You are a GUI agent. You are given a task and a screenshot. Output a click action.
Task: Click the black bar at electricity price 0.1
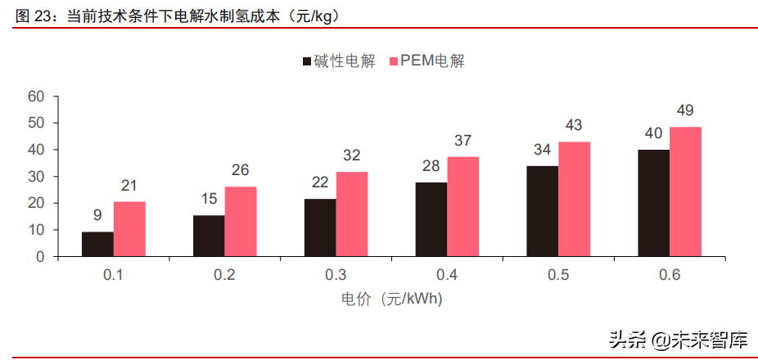(97, 244)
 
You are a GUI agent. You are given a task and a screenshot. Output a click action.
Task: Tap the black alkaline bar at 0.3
(320, 227)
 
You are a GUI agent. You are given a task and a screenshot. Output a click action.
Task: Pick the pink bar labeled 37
(463, 206)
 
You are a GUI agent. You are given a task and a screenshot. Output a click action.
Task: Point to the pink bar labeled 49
(686, 191)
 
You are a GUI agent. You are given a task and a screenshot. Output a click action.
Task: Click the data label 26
(241, 171)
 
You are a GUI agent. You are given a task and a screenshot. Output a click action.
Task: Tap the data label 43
(575, 126)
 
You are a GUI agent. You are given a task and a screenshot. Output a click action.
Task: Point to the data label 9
(97, 216)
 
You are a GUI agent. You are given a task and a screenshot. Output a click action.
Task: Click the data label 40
(654, 133)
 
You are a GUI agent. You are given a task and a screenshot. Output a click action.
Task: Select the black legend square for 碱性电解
(307, 61)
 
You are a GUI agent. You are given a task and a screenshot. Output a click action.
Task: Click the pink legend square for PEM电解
(393, 61)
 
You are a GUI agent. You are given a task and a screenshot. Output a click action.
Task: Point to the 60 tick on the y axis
(35, 97)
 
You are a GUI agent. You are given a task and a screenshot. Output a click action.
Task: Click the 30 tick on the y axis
(35, 177)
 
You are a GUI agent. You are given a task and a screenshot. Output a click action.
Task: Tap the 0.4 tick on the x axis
(447, 275)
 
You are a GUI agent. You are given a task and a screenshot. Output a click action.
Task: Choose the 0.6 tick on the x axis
(670, 275)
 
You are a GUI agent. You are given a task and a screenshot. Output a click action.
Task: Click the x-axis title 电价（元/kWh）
(391, 299)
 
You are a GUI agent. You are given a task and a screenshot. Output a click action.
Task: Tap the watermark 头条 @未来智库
(679, 338)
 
